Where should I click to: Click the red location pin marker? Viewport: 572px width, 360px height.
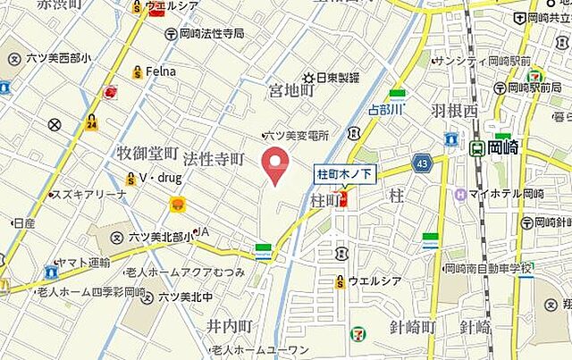point(276,165)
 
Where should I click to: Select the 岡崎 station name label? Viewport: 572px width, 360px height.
point(505,148)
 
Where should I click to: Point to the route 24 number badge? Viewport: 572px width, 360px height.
point(91,124)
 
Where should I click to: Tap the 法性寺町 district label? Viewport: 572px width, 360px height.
point(213,159)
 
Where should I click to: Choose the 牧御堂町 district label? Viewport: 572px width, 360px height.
point(147,155)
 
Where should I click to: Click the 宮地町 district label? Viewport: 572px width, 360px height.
point(291,90)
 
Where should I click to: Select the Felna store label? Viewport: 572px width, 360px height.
point(161,71)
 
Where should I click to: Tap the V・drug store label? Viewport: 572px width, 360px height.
point(159,179)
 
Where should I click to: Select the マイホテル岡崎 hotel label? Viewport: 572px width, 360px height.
point(505,194)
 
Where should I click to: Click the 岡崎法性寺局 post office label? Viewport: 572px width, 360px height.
point(210,34)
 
